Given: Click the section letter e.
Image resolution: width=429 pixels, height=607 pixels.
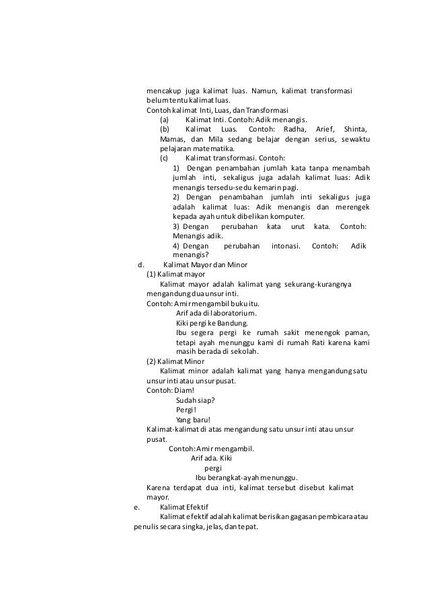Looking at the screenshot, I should click(x=137, y=507).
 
